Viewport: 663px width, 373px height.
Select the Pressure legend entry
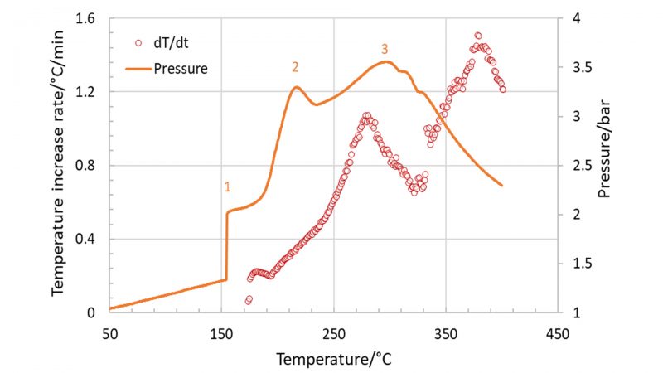[x=180, y=68]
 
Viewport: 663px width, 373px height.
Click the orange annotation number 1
[x=226, y=188]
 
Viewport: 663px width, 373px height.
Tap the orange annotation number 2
[x=294, y=66]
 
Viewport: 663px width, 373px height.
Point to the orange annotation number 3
[x=385, y=49]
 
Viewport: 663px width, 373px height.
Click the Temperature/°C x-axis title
[x=333, y=360]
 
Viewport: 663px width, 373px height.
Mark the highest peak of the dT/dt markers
[x=477, y=36]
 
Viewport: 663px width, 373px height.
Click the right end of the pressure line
[x=502, y=185]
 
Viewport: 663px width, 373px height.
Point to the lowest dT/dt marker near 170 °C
[x=247, y=302]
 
